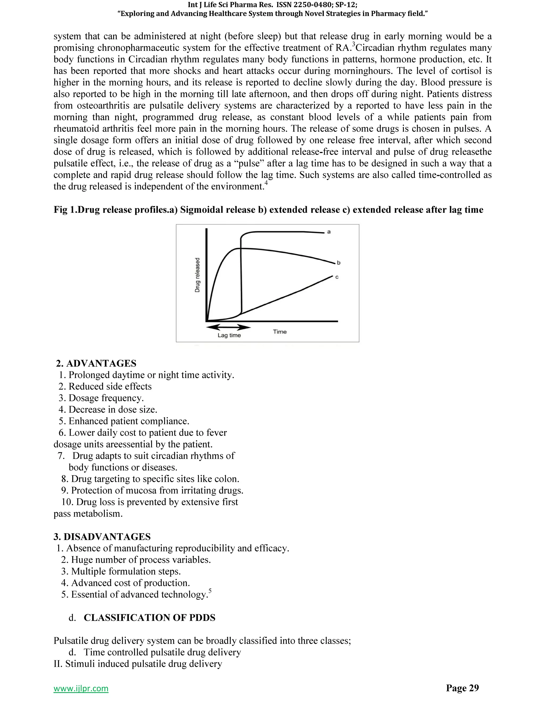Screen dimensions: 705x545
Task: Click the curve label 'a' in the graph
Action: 329,232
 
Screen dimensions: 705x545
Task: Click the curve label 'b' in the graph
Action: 338,263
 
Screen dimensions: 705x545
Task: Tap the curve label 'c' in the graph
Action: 337,277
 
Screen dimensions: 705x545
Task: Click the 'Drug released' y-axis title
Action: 197,275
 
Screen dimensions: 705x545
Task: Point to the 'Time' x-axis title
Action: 280,331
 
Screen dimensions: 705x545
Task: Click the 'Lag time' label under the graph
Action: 229,335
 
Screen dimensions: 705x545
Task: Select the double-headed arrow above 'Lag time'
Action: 228,327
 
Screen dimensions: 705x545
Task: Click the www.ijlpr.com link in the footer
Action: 81,689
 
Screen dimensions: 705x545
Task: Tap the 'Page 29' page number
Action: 462,688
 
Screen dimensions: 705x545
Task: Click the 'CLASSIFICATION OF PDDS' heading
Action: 149,617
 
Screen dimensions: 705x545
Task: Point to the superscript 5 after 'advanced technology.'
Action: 210,591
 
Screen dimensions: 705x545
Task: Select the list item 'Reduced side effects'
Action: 110,386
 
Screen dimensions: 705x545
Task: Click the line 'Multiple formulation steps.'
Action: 126,571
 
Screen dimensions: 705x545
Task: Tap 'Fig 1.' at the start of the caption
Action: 65,210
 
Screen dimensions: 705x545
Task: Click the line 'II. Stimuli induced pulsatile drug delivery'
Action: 138,664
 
